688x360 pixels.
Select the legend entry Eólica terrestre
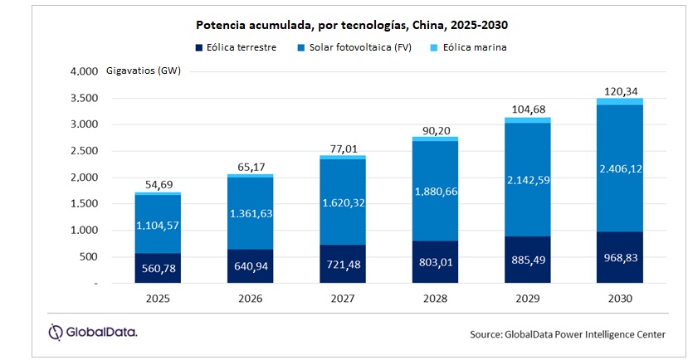237,47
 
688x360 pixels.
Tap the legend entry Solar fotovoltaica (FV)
359,47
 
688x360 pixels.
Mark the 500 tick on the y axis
90,257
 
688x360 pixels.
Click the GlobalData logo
92,332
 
